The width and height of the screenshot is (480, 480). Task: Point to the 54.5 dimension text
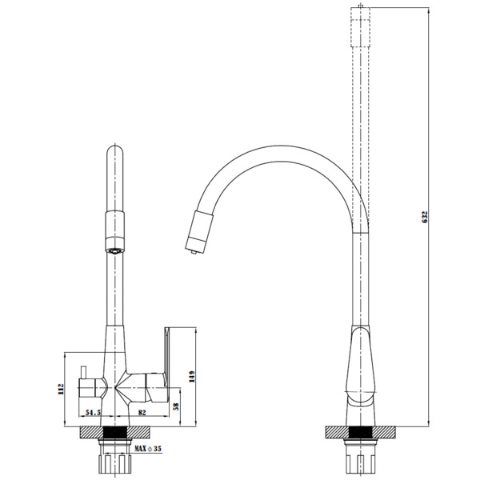pos(93,414)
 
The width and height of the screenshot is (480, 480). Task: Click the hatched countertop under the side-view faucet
pos(360,433)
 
